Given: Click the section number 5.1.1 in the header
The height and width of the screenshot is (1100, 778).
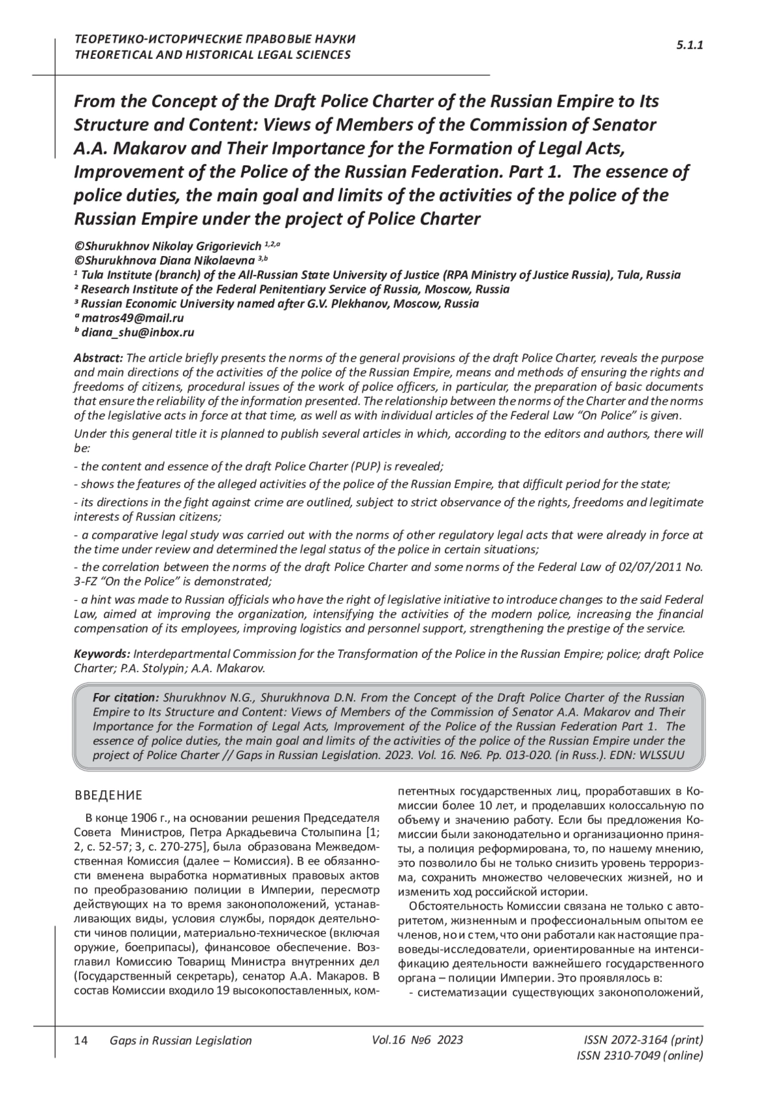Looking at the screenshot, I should pos(690,45).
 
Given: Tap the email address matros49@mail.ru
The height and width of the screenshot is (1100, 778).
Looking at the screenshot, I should pos(133,318).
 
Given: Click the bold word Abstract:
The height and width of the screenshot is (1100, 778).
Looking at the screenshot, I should pos(99,357).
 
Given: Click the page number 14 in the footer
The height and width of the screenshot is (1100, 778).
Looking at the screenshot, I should pos(81,1040).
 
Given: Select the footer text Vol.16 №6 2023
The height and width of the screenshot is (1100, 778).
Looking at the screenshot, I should pos(418,1040).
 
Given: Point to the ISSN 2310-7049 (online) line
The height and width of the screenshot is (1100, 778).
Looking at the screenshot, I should pos(639,1056).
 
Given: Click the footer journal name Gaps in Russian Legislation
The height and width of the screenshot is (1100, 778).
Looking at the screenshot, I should pos(181,1040).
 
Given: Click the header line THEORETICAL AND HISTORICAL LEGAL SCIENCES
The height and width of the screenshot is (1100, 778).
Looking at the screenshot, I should pos(213,54).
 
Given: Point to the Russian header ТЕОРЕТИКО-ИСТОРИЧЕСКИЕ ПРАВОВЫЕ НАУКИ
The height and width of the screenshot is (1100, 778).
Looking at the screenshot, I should pos(215,39).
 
